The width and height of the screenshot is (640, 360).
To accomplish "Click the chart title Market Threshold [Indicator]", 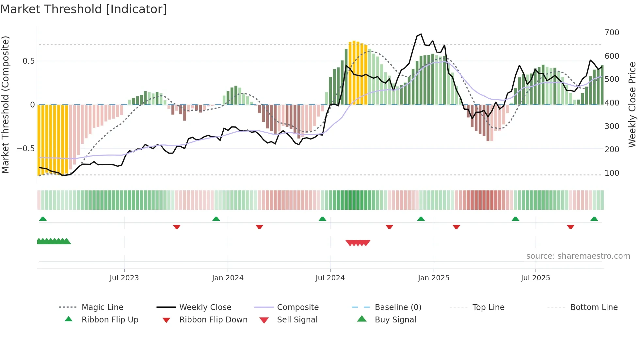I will [x=84, y=9].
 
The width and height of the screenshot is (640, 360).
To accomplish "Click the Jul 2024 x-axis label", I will [x=330, y=278].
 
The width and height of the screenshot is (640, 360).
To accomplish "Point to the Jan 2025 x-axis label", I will [x=433, y=278].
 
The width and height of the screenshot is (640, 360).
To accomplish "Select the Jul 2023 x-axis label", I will [x=124, y=278].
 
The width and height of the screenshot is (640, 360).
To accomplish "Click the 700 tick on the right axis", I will [x=612, y=33].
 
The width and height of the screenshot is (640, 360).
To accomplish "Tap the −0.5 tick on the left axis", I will [x=25, y=149].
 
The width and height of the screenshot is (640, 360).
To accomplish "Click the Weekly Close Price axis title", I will [x=632, y=105].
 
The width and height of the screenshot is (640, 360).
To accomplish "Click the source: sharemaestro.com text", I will [x=578, y=256].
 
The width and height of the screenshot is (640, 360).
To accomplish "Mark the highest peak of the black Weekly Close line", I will [x=421, y=34].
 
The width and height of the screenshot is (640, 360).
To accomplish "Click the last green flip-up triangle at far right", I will [x=594, y=219].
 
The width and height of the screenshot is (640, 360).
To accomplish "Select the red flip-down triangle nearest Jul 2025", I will [x=570, y=227].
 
